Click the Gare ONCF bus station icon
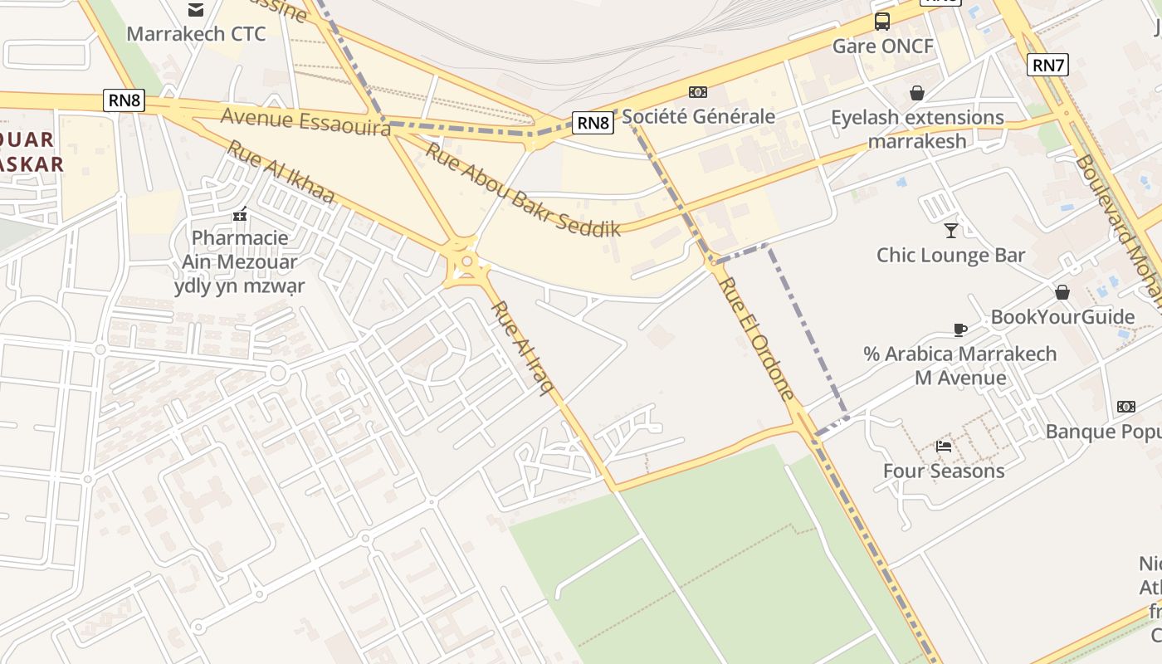(x=882, y=22)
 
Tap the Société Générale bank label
(x=698, y=116)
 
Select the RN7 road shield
(x=1047, y=65)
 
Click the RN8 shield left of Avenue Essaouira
(x=124, y=101)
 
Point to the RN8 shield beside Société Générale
(x=593, y=124)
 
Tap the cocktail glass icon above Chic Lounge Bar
(x=951, y=230)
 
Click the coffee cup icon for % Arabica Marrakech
(x=960, y=330)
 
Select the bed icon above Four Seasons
(x=944, y=447)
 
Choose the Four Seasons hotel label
(x=944, y=471)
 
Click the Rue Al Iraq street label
(x=522, y=348)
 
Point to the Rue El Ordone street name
(x=756, y=338)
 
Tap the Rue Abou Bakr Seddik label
(x=523, y=190)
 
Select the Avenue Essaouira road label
(x=305, y=121)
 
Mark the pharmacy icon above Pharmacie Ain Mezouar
(x=241, y=215)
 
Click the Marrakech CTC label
(x=196, y=34)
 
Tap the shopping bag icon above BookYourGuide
(x=1062, y=292)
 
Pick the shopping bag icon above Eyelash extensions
(x=917, y=92)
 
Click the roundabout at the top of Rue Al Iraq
(x=467, y=263)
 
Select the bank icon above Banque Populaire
(x=1126, y=407)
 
